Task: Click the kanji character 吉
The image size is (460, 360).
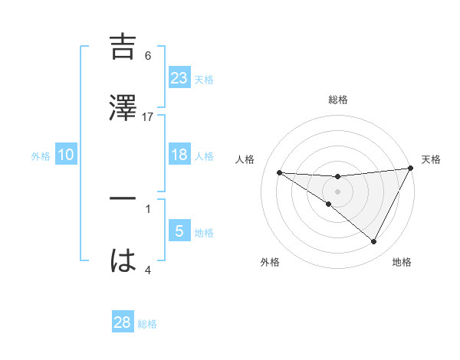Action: point(123,47)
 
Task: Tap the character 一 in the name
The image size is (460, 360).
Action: point(123,198)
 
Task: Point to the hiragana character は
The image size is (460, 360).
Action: point(123,261)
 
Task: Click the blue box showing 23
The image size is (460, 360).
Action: point(179,77)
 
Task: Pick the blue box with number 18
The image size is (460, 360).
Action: point(179,155)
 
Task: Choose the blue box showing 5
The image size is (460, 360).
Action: point(179,231)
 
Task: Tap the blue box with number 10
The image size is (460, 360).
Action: point(66,155)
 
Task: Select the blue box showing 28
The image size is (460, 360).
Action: point(122,322)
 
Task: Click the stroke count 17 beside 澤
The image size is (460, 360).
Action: point(148,116)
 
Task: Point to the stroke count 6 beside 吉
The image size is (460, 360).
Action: point(148,56)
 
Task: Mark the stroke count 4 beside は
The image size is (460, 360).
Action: point(148,270)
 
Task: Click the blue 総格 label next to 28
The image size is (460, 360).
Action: point(147,324)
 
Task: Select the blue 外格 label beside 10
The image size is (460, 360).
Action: point(41,155)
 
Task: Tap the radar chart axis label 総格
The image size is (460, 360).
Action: point(337,100)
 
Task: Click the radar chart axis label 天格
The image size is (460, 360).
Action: point(431,159)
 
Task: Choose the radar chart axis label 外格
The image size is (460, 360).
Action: point(270,262)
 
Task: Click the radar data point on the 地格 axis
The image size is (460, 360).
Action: point(374,242)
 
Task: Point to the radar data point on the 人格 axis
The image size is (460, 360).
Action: point(279,172)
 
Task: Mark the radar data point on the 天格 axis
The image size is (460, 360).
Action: point(410,169)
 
